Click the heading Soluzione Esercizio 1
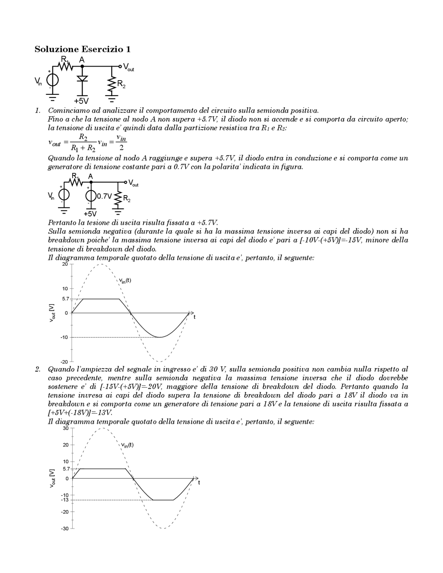[x=82, y=49]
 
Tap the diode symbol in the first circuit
[x=82, y=79]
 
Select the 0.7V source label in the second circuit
[x=104, y=196]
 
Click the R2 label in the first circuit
[x=121, y=84]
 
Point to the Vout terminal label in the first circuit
[x=128, y=67]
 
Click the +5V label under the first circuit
[x=81, y=101]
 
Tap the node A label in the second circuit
[x=90, y=176]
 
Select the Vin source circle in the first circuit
[x=53, y=81]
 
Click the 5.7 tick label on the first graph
[x=66, y=299]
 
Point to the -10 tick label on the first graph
[x=65, y=337]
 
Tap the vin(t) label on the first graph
[x=125, y=281]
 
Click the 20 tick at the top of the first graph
[x=65, y=264]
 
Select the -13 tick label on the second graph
[x=65, y=500]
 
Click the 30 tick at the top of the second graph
[x=65, y=428]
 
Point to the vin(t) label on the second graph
[x=127, y=445]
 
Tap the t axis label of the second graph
[x=199, y=483]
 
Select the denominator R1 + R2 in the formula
[x=83, y=148]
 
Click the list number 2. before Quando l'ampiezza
[x=38, y=369]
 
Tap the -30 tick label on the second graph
[x=65, y=529]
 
